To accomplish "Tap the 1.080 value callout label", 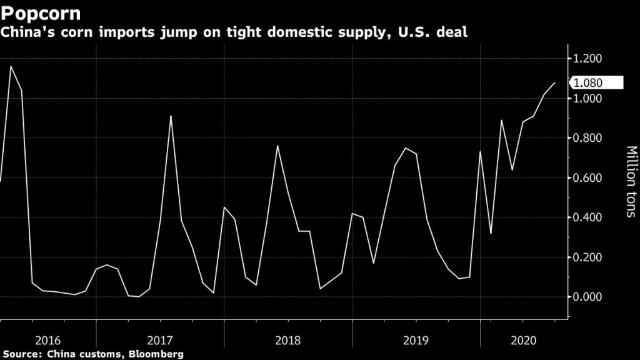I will coord(588,82).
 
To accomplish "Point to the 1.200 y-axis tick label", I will coord(587,59).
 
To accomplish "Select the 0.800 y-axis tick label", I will coord(587,138).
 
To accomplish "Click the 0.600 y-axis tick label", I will coord(587,178).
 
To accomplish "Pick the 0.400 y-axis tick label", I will coord(587,217).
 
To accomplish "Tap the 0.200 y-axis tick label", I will coord(587,257).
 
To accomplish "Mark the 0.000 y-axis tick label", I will coord(587,297).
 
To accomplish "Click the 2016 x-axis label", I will coord(48,341).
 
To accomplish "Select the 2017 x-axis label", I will coord(160,341).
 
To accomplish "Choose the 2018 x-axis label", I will coord(287,341).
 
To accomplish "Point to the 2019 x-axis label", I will coord(415,341).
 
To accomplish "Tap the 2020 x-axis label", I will coord(524,341).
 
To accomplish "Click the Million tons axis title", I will coord(630,182).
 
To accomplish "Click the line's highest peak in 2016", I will coord(11,66).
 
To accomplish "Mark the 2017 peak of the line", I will coord(171,116).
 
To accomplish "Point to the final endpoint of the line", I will coord(554,82).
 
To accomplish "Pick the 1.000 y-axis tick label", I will coord(587,99).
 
